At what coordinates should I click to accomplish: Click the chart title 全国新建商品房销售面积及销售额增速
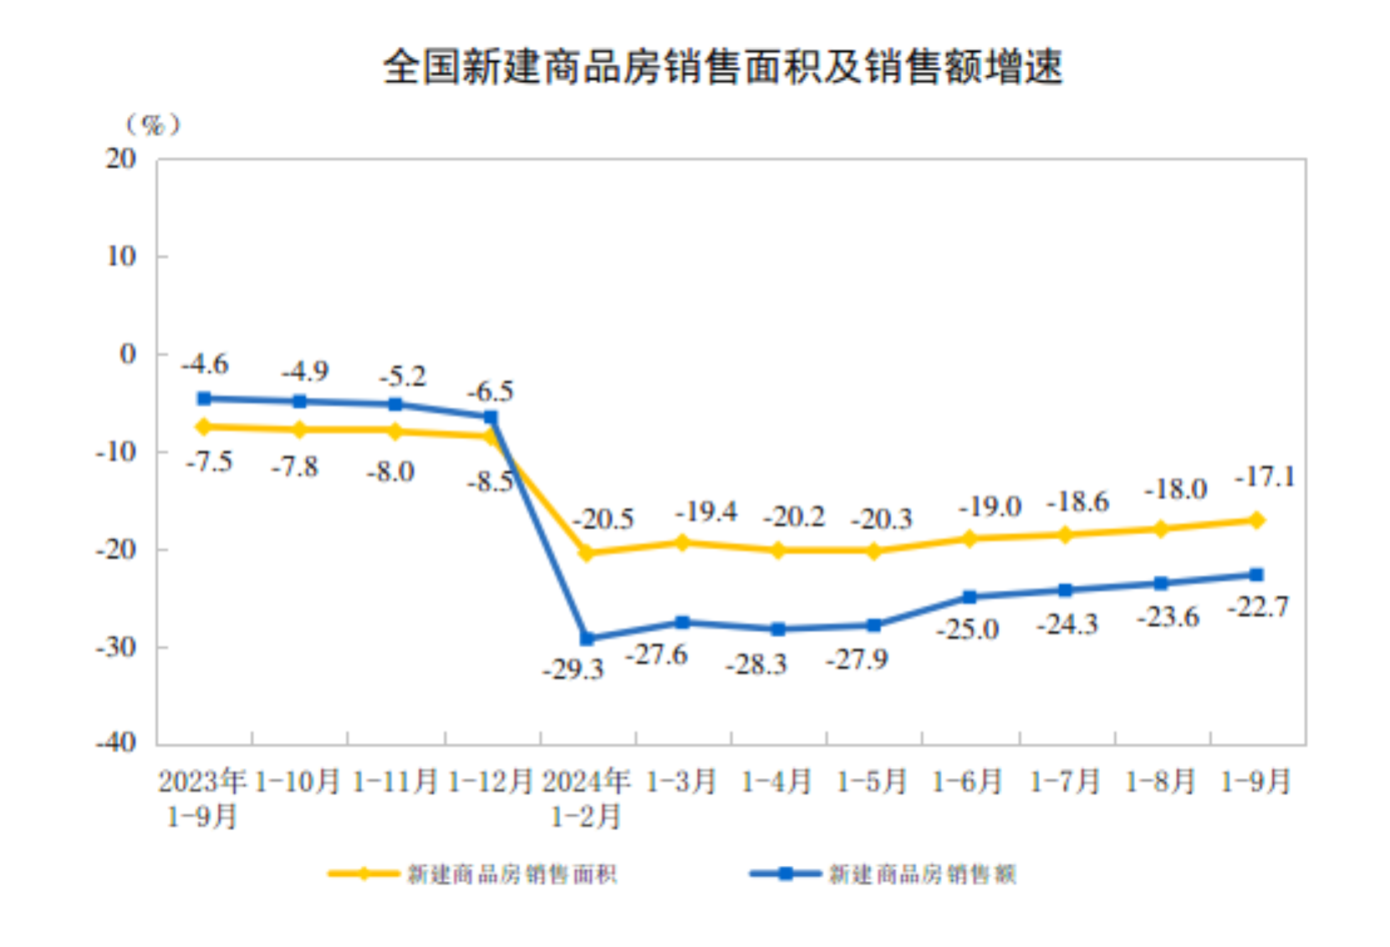(x=722, y=67)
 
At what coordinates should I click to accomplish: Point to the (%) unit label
(x=152, y=125)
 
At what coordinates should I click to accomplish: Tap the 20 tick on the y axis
(x=121, y=159)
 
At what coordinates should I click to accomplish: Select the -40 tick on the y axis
(x=116, y=742)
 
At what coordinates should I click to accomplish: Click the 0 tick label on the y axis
(x=127, y=354)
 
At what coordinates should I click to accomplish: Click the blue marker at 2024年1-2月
(x=587, y=639)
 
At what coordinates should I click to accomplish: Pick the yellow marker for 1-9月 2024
(x=1255, y=520)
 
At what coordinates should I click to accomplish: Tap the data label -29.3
(x=573, y=670)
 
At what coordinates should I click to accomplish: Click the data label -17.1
(x=1264, y=477)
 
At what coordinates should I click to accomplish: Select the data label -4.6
(x=205, y=364)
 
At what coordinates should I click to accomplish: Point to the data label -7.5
(x=209, y=461)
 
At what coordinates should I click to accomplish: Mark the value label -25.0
(x=967, y=629)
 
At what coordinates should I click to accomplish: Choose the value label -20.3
(x=882, y=519)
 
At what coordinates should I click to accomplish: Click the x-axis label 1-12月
(x=491, y=782)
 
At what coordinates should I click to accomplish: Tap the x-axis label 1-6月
(x=968, y=782)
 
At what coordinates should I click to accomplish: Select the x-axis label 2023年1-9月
(x=203, y=798)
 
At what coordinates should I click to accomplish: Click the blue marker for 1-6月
(x=970, y=597)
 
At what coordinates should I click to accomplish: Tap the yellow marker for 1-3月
(x=682, y=542)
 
